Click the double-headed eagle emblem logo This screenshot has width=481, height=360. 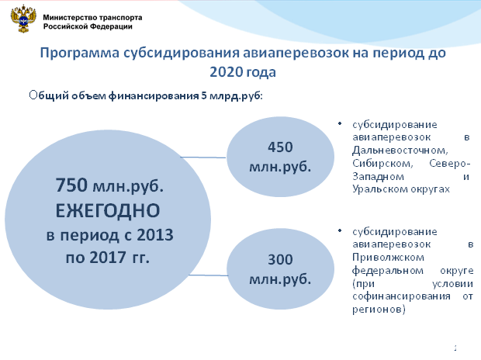[x=23, y=19]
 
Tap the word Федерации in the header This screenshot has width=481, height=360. [x=113, y=26]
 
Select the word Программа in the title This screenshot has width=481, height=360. [x=79, y=54]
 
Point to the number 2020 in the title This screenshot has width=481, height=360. [x=227, y=72]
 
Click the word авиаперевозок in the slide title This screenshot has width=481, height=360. [x=296, y=53]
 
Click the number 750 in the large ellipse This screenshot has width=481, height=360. [x=71, y=185]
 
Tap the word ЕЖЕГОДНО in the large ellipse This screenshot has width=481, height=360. [x=108, y=211]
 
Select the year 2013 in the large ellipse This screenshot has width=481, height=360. [x=155, y=235]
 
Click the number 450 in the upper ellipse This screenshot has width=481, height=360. [x=280, y=147]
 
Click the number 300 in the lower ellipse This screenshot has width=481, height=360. [x=280, y=260]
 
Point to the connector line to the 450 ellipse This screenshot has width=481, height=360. [x=203, y=157]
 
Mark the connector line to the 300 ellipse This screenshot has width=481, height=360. [x=208, y=275]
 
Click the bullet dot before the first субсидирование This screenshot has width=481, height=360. [x=340, y=123]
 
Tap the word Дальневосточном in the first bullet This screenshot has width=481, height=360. [x=400, y=151]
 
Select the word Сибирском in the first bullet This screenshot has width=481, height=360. [x=382, y=163]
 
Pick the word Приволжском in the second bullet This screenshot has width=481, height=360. [x=388, y=258]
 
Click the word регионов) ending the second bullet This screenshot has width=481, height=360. [x=379, y=310]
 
